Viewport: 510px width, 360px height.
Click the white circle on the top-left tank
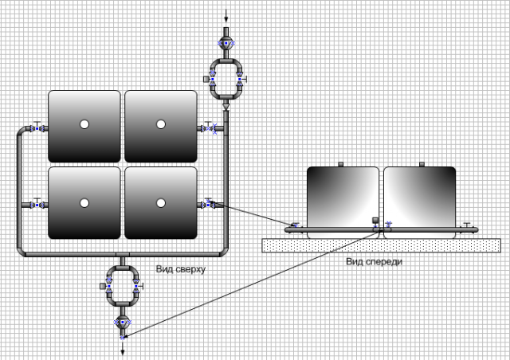click(84, 124)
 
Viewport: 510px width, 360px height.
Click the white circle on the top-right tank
click(160, 124)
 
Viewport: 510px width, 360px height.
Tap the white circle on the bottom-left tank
click(84, 202)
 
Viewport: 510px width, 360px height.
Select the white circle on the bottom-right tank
click(160, 202)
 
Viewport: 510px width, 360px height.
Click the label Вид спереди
click(374, 261)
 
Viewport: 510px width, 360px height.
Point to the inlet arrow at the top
click(226, 15)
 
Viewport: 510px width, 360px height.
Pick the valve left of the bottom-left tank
click(37, 205)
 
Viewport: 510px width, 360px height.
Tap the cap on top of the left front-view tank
click(340, 165)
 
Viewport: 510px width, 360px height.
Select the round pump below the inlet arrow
click(226, 42)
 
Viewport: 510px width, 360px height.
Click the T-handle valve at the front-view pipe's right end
click(467, 226)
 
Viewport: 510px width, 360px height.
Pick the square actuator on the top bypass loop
click(206, 80)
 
